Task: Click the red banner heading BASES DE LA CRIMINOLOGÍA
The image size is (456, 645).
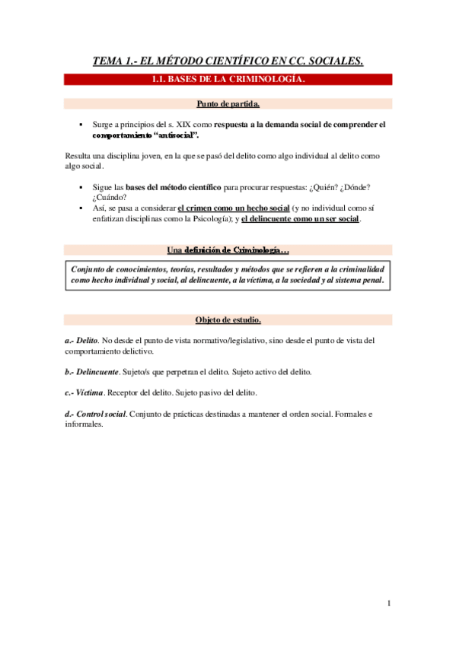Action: pyautogui.click(x=228, y=79)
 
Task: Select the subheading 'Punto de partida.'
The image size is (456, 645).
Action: pyautogui.click(x=228, y=103)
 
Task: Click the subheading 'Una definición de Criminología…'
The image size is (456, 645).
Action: pyautogui.click(x=228, y=250)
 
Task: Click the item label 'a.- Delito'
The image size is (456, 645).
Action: pyautogui.click(x=81, y=340)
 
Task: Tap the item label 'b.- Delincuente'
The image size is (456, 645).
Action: pyautogui.click(x=92, y=372)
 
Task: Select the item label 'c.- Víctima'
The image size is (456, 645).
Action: pyautogui.click(x=85, y=393)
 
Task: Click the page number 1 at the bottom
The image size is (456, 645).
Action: pyautogui.click(x=388, y=603)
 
